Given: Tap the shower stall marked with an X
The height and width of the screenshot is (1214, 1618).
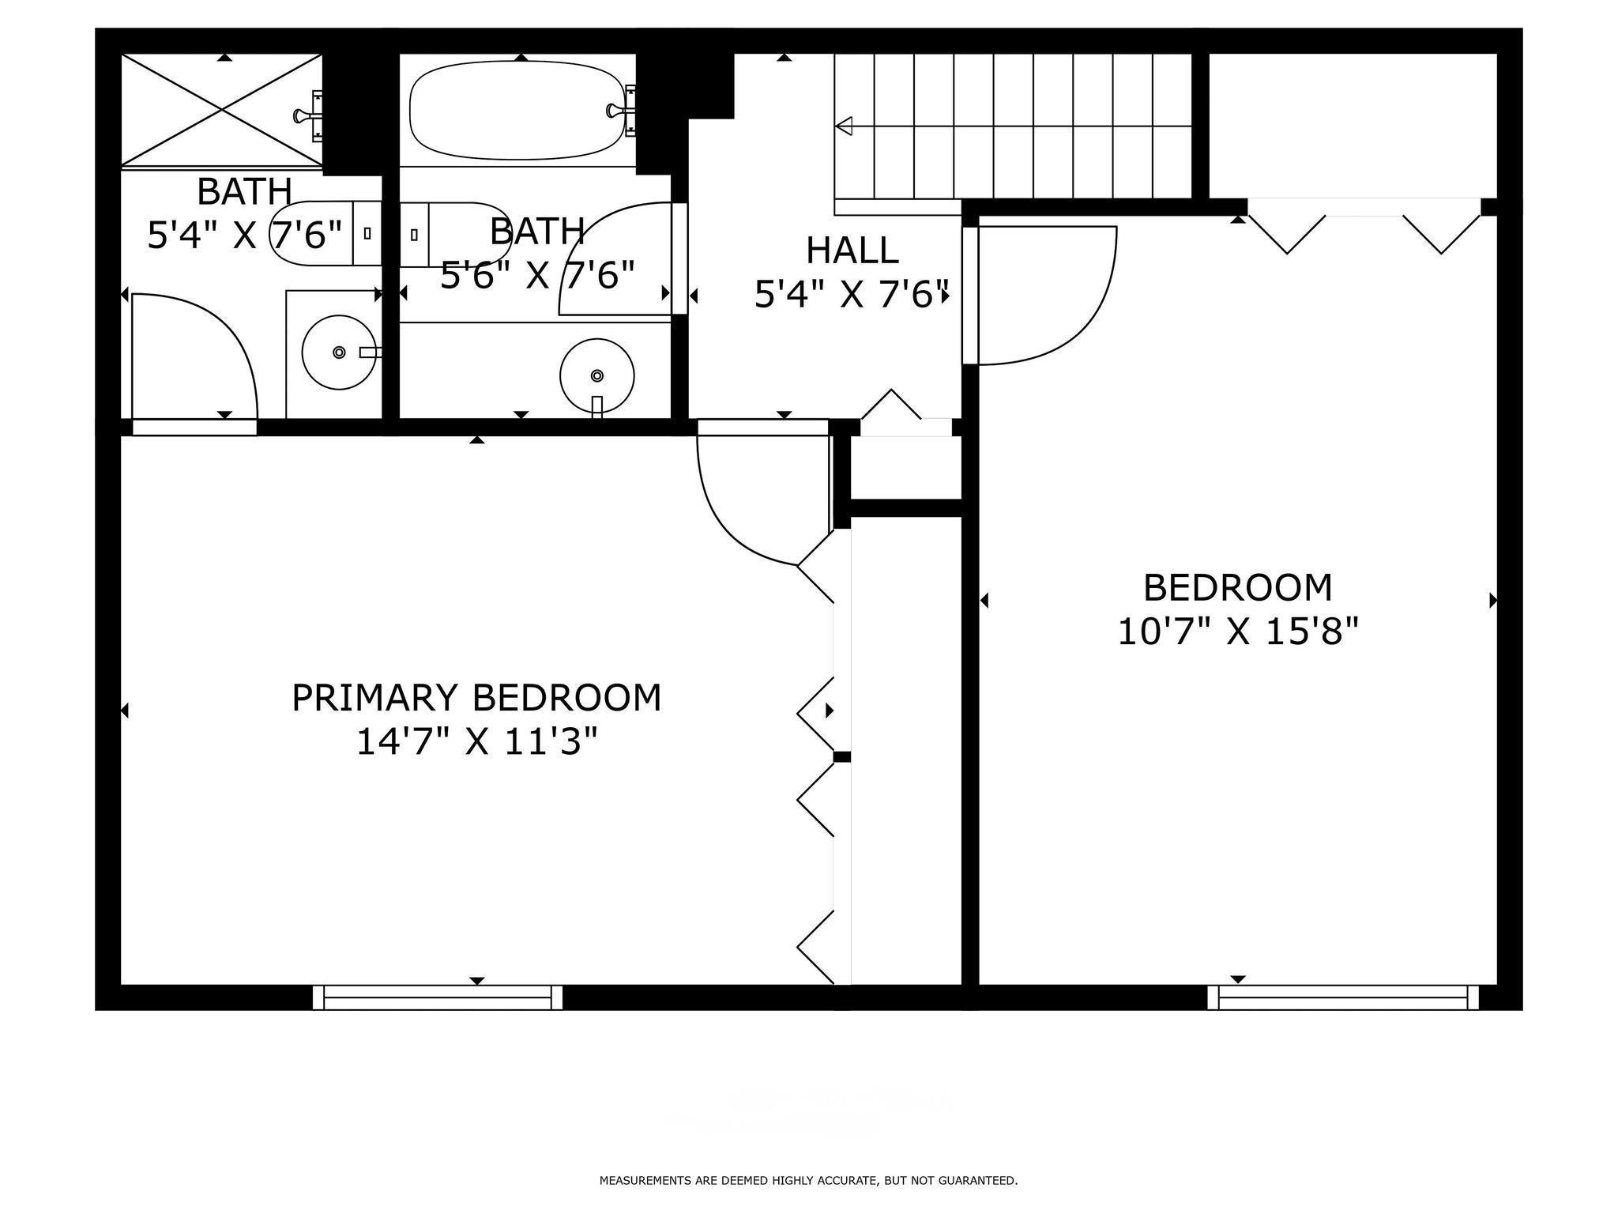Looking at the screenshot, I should pos(221,110).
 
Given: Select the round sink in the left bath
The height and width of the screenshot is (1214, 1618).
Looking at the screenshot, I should pos(339,352).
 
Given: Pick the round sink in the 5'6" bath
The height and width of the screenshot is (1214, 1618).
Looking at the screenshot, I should pos(596,375).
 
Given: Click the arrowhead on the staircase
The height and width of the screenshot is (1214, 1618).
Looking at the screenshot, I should pos(844,126).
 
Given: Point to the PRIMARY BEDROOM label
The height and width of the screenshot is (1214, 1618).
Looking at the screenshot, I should pos(476,698).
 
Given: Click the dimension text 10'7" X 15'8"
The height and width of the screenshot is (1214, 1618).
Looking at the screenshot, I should pos(1237,632).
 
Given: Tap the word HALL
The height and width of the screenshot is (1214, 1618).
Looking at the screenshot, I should pos(852,251).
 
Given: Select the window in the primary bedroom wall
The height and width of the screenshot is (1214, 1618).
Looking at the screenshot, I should pos(437,997).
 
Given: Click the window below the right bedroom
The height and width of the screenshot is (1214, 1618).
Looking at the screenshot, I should pos(1342,997).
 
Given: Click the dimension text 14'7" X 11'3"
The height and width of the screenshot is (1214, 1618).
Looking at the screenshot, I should pos(476,742).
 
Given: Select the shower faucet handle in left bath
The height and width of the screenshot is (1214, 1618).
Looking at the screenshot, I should pos(304,116).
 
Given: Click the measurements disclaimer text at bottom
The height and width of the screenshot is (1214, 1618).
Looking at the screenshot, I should pos(808,1181).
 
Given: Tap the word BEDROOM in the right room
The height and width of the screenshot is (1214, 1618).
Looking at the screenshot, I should pos(1237,588).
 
